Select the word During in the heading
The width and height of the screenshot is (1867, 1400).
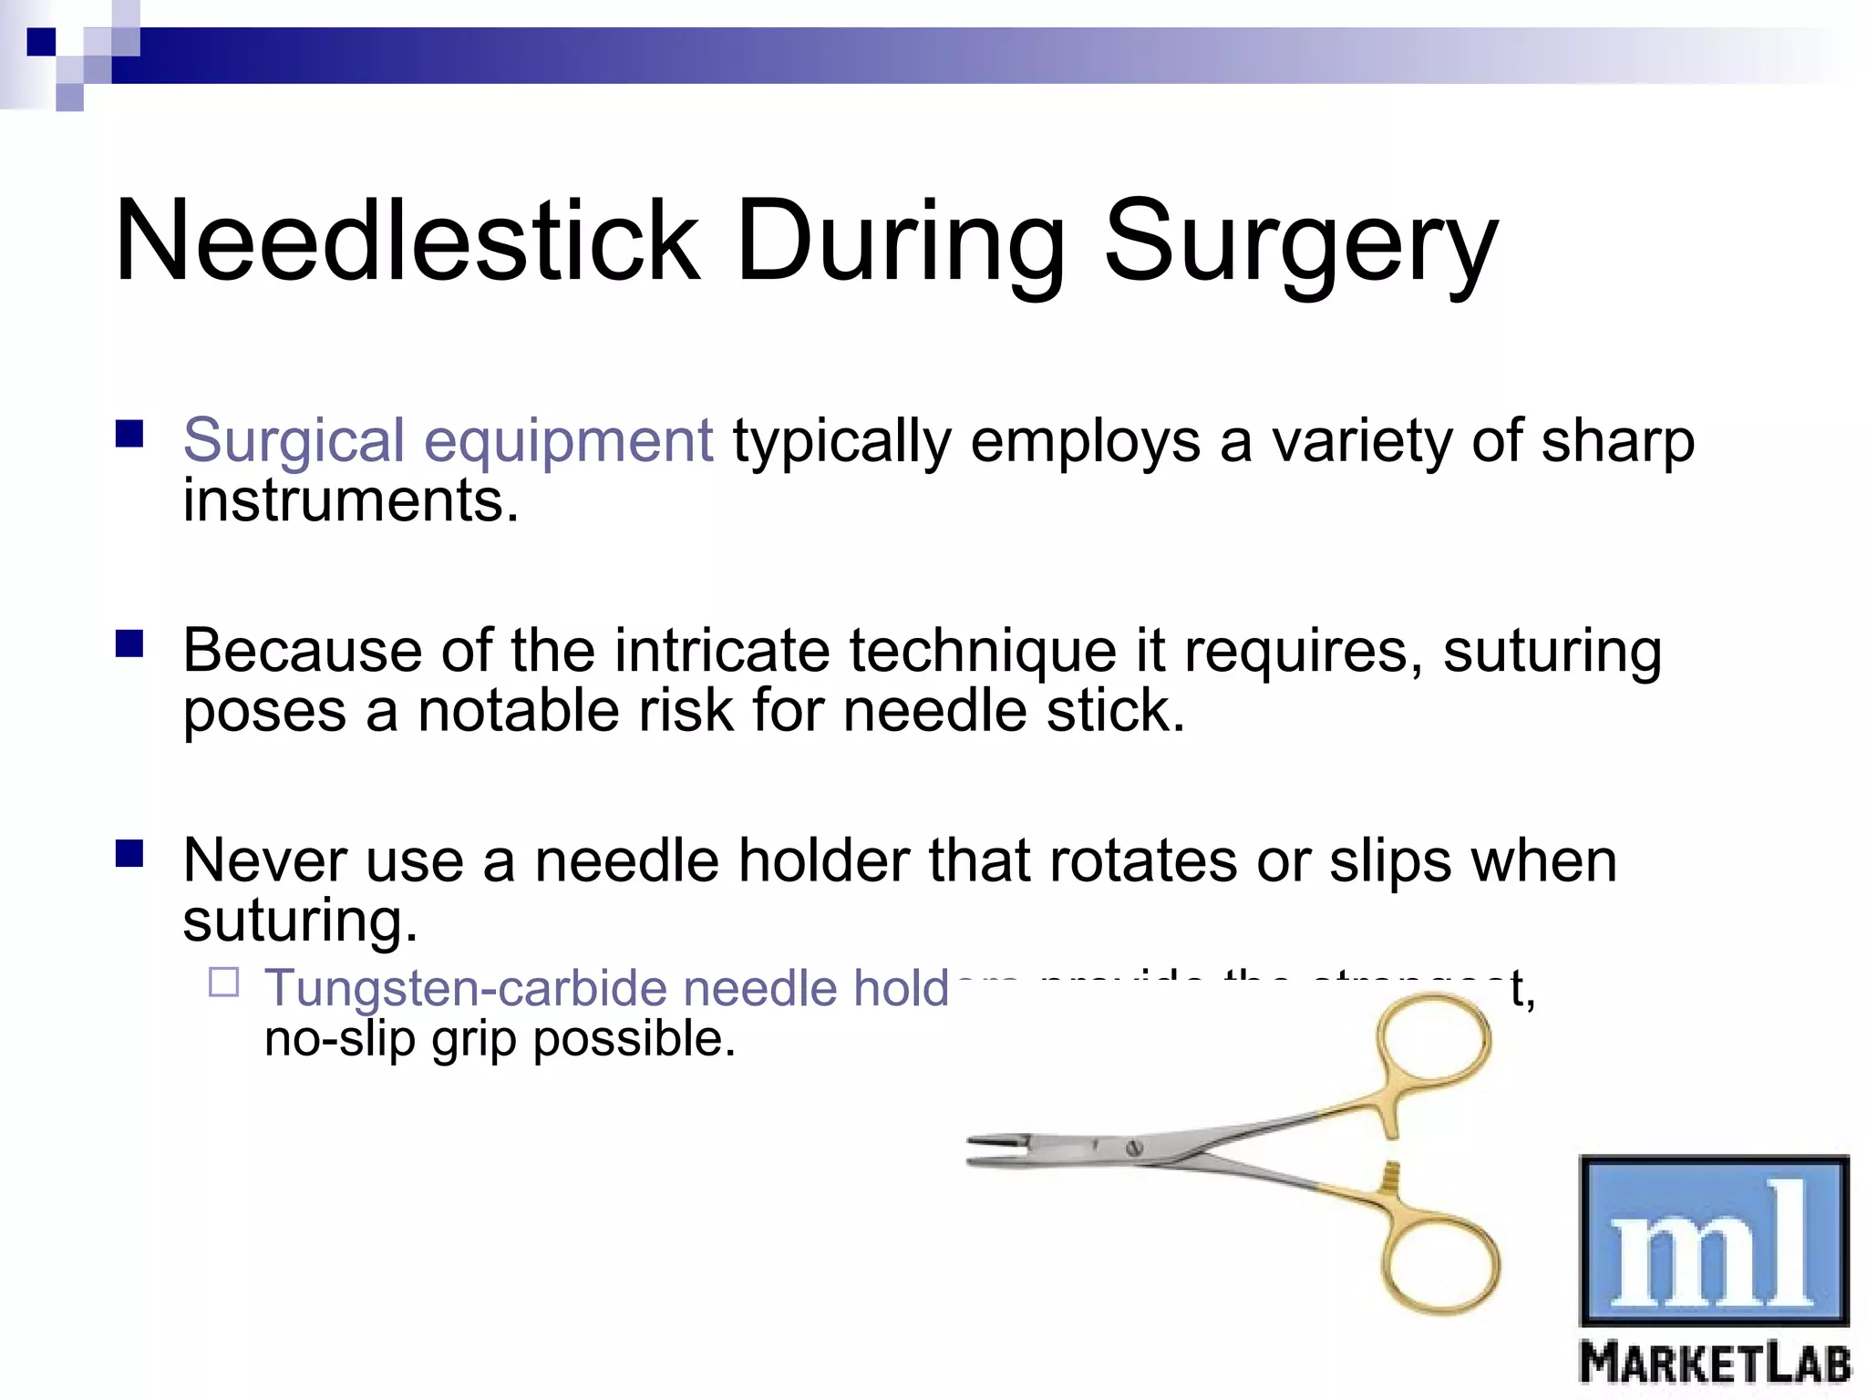pos(901,242)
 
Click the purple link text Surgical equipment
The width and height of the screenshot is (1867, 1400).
pos(448,441)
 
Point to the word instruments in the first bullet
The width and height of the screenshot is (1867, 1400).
pos(350,501)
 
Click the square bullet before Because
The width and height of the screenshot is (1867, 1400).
pos(129,644)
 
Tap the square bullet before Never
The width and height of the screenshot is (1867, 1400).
pos(129,854)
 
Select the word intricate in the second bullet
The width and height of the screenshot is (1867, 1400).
pos(721,652)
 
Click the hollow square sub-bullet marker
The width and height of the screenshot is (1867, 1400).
pos(223,983)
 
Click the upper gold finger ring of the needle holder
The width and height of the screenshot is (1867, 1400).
pos(1433,1041)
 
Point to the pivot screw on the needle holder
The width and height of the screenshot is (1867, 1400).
pos(1135,1148)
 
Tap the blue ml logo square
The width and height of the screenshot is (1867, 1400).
pos(1714,1240)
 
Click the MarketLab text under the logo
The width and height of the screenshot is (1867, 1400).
pos(1714,1364)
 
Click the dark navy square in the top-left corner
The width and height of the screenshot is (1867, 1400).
pos(41,41)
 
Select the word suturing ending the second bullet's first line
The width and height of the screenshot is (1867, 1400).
pos(1552,652)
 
